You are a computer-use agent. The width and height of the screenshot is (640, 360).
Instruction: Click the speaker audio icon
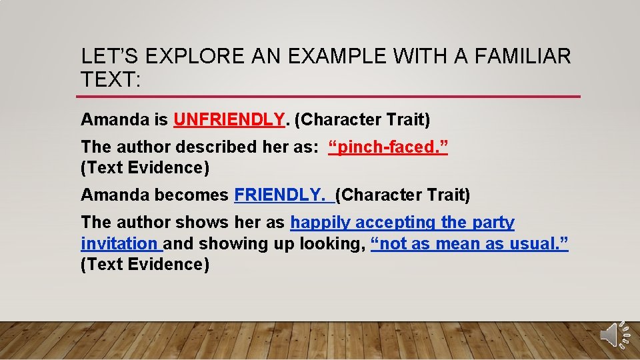613,334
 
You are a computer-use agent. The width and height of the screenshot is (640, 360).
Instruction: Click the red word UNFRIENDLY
229,120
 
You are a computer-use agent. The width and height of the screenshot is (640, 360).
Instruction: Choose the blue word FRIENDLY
280,195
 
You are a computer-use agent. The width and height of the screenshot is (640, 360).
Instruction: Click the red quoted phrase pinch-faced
389,147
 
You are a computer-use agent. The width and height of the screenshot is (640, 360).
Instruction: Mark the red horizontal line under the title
330,97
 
